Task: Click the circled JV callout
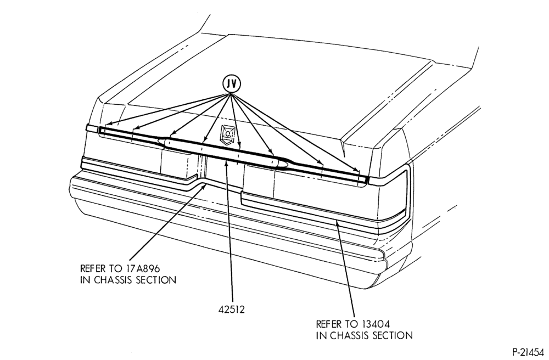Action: pos(232,84)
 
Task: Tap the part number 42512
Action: pos(232,310)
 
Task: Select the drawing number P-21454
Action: pos(528,352)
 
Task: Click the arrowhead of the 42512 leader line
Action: pos(227,162)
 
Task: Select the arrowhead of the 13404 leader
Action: pos(337,223)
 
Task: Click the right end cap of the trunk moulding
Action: pos(366,179)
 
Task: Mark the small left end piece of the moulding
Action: pos(92,128)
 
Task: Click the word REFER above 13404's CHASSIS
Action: pos(328,324)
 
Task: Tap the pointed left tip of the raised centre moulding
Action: pos(160,140)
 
